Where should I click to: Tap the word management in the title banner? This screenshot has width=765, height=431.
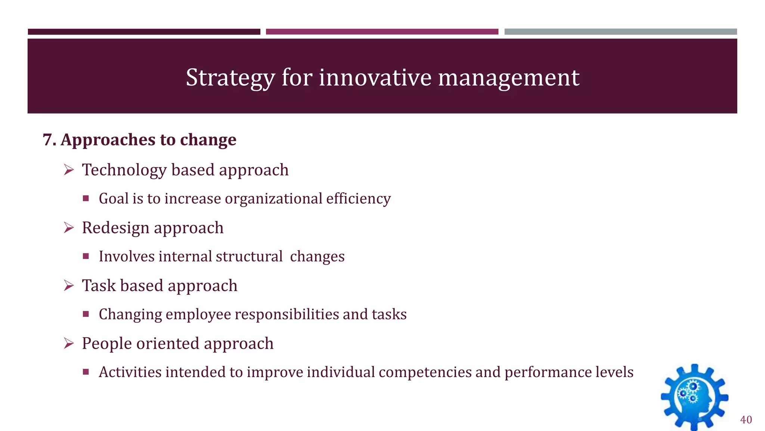[x=508, y=78]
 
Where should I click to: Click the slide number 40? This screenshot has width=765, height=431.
[x=746, y=420]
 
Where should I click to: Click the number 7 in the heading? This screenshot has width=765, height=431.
[x=47, y=140]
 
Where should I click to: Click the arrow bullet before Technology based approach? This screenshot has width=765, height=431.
[x=69, y=170]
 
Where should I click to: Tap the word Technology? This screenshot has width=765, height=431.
[x=124, y=170]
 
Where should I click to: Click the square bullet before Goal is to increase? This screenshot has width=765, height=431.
[x=86, y=199]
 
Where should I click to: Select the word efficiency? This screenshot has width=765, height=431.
[x=358, y=199]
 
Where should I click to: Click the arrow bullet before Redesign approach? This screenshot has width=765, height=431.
[x=69, y=228]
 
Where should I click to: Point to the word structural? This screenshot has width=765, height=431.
[x=249, y=257]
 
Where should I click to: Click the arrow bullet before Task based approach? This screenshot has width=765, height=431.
[x=69, y=286]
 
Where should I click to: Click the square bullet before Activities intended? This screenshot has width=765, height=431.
[x=86, y=372]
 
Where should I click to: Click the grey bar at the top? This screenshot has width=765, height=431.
[x=620, y=32]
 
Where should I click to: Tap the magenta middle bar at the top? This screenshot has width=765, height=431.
[x=382, y=32]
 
